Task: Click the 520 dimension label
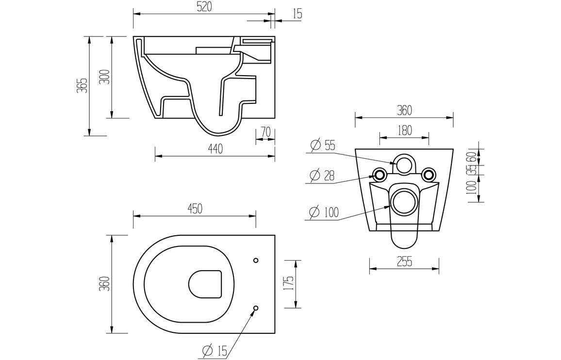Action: coord(203,7)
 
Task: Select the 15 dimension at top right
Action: coord(297,14)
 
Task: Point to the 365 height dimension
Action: coord(82,85)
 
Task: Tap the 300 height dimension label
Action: coord(105,77)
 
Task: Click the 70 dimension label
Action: coord(265,132)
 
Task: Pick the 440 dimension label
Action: coord(215,149)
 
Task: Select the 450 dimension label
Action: coord(194,209)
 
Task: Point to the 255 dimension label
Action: coord(404,262)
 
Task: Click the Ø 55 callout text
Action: coord(323,145)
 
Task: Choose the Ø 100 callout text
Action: coord(324,212)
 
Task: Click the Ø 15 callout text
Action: coord(214,350)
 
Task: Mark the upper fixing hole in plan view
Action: coord(256,261)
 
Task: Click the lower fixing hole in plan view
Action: coord(256,308)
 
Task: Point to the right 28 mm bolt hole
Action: coord(428,174)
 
